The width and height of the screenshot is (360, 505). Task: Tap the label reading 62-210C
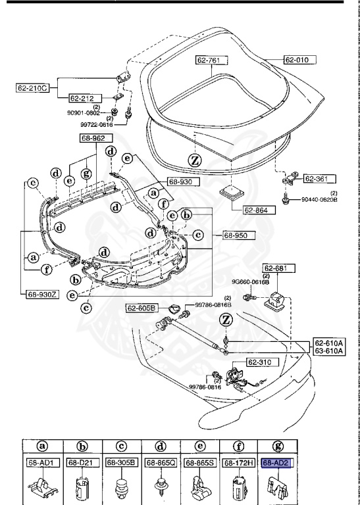click(33, 87)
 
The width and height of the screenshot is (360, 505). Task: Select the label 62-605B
click(142, 308)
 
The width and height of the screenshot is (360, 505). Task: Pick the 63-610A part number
click(328, 351)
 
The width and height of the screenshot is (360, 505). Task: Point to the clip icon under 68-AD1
click(41, 487)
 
